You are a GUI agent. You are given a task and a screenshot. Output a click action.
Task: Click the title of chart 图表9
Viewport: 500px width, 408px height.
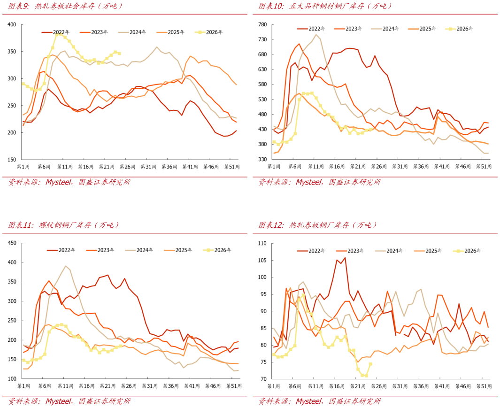point(65,6)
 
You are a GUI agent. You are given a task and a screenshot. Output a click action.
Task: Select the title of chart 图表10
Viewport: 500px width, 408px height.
point(325,6)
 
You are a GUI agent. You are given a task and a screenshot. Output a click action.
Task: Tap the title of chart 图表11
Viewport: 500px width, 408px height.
point(63,225)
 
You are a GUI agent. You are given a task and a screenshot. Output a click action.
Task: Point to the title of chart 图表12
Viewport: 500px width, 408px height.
point(317,225)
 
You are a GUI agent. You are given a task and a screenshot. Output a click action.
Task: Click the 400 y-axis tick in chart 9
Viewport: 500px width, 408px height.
point(12,24)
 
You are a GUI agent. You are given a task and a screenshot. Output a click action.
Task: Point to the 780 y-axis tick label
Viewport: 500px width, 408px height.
point(262,24)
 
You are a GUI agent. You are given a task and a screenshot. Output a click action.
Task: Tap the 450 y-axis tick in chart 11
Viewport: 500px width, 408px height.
point(12,243)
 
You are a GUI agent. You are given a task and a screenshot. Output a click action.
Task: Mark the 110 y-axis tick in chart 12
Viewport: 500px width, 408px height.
point(262,243)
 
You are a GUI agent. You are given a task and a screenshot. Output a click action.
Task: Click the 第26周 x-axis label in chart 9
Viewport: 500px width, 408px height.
point(128,167)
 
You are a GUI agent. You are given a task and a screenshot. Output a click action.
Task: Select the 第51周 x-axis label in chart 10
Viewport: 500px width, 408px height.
point(484,167)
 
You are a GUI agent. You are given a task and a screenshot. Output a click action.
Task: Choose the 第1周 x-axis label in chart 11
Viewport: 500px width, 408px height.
point(23,386)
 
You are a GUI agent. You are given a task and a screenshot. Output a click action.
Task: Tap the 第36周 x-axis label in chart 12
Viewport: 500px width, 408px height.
point(421,386)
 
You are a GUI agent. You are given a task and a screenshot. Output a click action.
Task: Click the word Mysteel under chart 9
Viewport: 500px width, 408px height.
point(58,182)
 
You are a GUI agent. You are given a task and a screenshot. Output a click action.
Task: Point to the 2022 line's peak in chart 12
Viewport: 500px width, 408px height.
point(345,258)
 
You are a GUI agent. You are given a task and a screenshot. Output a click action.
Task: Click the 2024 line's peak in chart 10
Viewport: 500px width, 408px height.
point(316,34)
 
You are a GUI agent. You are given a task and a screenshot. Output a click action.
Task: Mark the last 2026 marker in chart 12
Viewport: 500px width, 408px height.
point(370,364)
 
